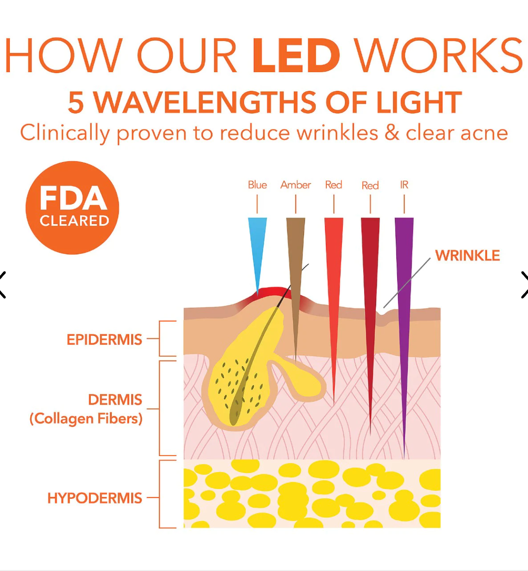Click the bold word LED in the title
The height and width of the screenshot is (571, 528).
click(x=296, y=56)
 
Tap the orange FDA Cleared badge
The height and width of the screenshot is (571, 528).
click(x=73, y=208)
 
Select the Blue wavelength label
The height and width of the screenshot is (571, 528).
click(x=257, y=185)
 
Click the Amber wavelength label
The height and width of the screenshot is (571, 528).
click(x=296, y=185)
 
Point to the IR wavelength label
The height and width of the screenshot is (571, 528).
click(x=404, y=185)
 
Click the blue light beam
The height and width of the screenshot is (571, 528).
click(x=257, y=247)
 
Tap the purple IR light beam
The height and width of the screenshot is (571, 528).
click(x=404, y=303)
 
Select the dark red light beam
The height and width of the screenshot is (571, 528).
click(x=370, y=298)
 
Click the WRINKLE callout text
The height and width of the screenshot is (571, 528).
click(x=467, y=256)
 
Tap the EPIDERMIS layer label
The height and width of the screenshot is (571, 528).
click(x=104, y=340)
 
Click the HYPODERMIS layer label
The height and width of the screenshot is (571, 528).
click(x=95, y=498)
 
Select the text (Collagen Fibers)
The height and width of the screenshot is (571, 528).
click(x=86, y=419)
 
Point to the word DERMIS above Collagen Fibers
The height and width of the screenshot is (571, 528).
click(x=115, y=400)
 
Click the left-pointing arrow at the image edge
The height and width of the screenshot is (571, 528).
click(x=3, y=285)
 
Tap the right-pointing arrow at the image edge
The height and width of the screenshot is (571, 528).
click(x=524, y=285)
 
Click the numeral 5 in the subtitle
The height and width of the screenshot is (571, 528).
click(x=76, y=102)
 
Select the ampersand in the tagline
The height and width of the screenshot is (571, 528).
click(x=392, y=133)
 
